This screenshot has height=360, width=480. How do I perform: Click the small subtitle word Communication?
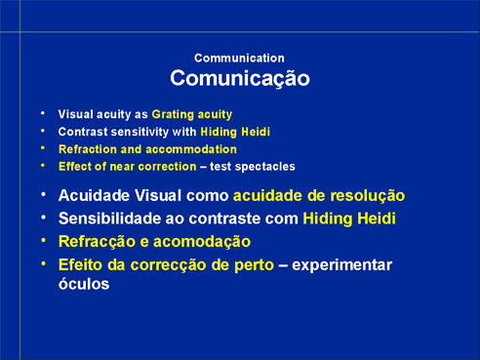[x=239, y=59]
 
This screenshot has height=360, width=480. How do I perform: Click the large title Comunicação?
[x=240, y=78]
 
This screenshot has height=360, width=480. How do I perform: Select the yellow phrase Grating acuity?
[x=192, y=114]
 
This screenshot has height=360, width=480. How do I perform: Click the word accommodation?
[x=191, y=149]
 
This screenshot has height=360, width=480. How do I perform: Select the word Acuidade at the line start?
[x=94, y=195]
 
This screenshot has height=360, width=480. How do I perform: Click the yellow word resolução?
[x=368, y=196]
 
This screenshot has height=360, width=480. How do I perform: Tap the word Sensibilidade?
[x=109, y=219]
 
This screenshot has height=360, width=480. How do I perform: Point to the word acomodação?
[x=202, y=242]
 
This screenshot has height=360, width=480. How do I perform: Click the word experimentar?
[x=341, y=265]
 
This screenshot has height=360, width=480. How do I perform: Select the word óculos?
[x=84, y=284]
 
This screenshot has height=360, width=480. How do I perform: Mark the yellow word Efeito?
[x=81, y=264]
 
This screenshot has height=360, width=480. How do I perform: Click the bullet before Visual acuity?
[x=43, y=113]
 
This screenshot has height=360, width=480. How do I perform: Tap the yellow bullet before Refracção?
[x=43, y=241]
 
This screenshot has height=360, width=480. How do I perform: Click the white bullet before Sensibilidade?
[x=43, y=218]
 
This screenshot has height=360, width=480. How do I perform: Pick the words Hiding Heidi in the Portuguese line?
[x=349, y=219]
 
